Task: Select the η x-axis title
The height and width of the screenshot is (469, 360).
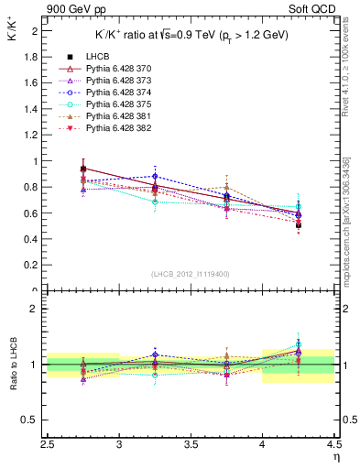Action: coord(336,456)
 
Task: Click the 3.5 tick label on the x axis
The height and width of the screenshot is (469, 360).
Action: coord(191,446)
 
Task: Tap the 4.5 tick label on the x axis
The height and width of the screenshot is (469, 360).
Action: coord(333,446)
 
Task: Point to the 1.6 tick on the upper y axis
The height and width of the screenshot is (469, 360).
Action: coord(33,82)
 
